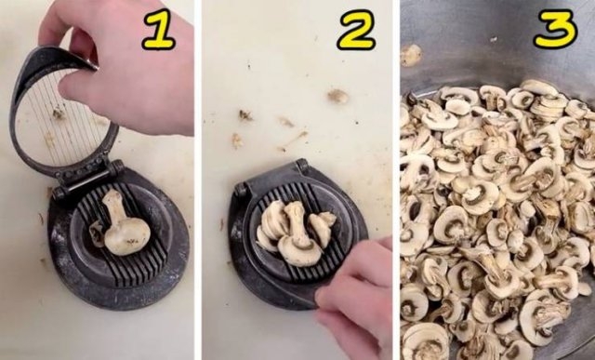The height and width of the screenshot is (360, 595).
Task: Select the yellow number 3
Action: click(x=555, y=31)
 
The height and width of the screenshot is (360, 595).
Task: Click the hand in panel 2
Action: click(x=358, y=298)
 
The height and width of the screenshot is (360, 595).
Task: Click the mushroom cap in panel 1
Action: click(x=128, y=237)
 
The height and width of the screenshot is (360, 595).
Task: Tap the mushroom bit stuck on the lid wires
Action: click(x=59, y=113)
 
